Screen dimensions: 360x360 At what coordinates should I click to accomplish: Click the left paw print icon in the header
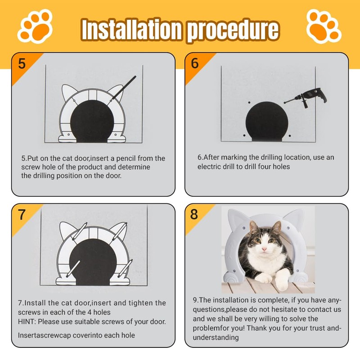coord(35,26)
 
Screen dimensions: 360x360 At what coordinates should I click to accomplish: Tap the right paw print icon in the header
coord(324,26)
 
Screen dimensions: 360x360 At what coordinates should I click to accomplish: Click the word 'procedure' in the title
coord(233,30)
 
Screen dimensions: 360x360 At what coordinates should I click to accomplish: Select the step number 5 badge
coord(22,63)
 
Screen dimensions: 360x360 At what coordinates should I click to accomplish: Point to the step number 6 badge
coord(195,63)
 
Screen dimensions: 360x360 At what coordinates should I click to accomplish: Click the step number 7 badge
coord(22,215)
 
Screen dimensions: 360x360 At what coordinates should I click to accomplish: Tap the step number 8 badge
coord(194,214)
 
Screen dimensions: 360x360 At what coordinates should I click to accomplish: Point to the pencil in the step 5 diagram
coord(123,88)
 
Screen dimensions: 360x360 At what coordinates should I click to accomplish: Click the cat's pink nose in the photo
coord(265,249)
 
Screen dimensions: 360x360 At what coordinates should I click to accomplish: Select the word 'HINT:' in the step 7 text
coord(27,321)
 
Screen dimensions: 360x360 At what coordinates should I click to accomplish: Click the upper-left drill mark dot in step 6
coord(249,103)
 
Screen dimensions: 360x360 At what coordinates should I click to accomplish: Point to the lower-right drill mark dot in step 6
coord(290,136)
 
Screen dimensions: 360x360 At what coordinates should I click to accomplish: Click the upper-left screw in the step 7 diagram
coord(79,231)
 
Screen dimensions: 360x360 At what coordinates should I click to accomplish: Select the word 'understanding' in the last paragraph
coord(216,337)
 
